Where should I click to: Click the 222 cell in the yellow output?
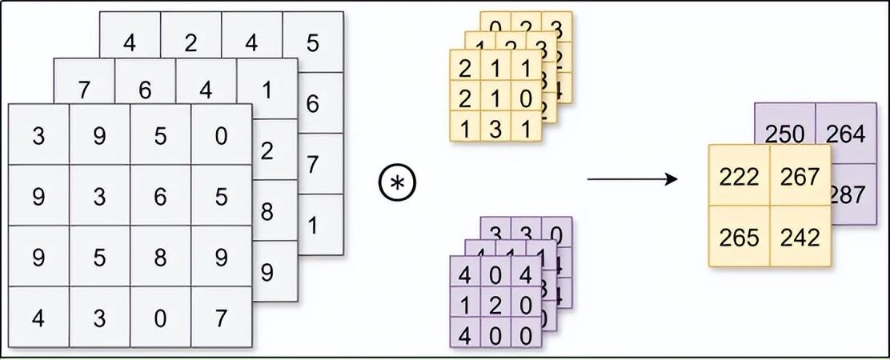[x=739, y=176]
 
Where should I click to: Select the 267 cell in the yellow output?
[x=800, y=176]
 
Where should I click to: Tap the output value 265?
[x=739, y=238]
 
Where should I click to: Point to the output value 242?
[x=800, y=238]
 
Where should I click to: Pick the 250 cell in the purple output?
[x=784, y=134]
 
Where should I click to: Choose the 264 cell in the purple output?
[x=845, y=134]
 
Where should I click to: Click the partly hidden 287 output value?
[x=850, y=194]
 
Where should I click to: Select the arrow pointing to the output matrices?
[x=632, y=178]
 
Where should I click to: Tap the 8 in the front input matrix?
[x=160, y=257]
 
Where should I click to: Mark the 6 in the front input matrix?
[x=160, y=197]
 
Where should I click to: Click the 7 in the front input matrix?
[x=222, y=318]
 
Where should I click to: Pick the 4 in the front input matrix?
[x=38, y=318]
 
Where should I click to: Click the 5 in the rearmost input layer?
[x=313, y=42]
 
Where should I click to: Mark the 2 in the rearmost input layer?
[x=190, y=42]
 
